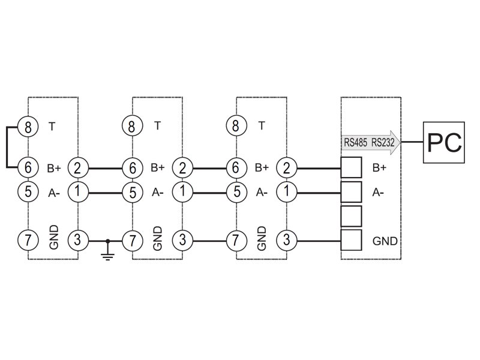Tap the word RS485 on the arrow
[x=355, y=142]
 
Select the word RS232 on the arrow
[x=383, y=142]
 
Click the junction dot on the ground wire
[x=108, y=241]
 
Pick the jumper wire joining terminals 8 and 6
[x=7, y=147]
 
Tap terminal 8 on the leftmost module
[x=28, y=127]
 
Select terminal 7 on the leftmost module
[x=28, y=239]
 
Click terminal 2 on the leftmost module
[x=78, y=168]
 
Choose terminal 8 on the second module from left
[x=132, y=126]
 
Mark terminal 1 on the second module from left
[x=182, y=192]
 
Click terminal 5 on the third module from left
[x=236, y=192]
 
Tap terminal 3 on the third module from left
[x=287, y=239]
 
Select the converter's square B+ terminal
[x=351, y=167]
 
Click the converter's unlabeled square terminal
[x=351, y=216]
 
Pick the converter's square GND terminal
[x=351, y=240]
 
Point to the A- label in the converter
[x=378, y=193]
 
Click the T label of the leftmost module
[x=52, y=126]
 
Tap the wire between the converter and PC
[x=412, y=142]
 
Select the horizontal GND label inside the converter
[x=385, y=241]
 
